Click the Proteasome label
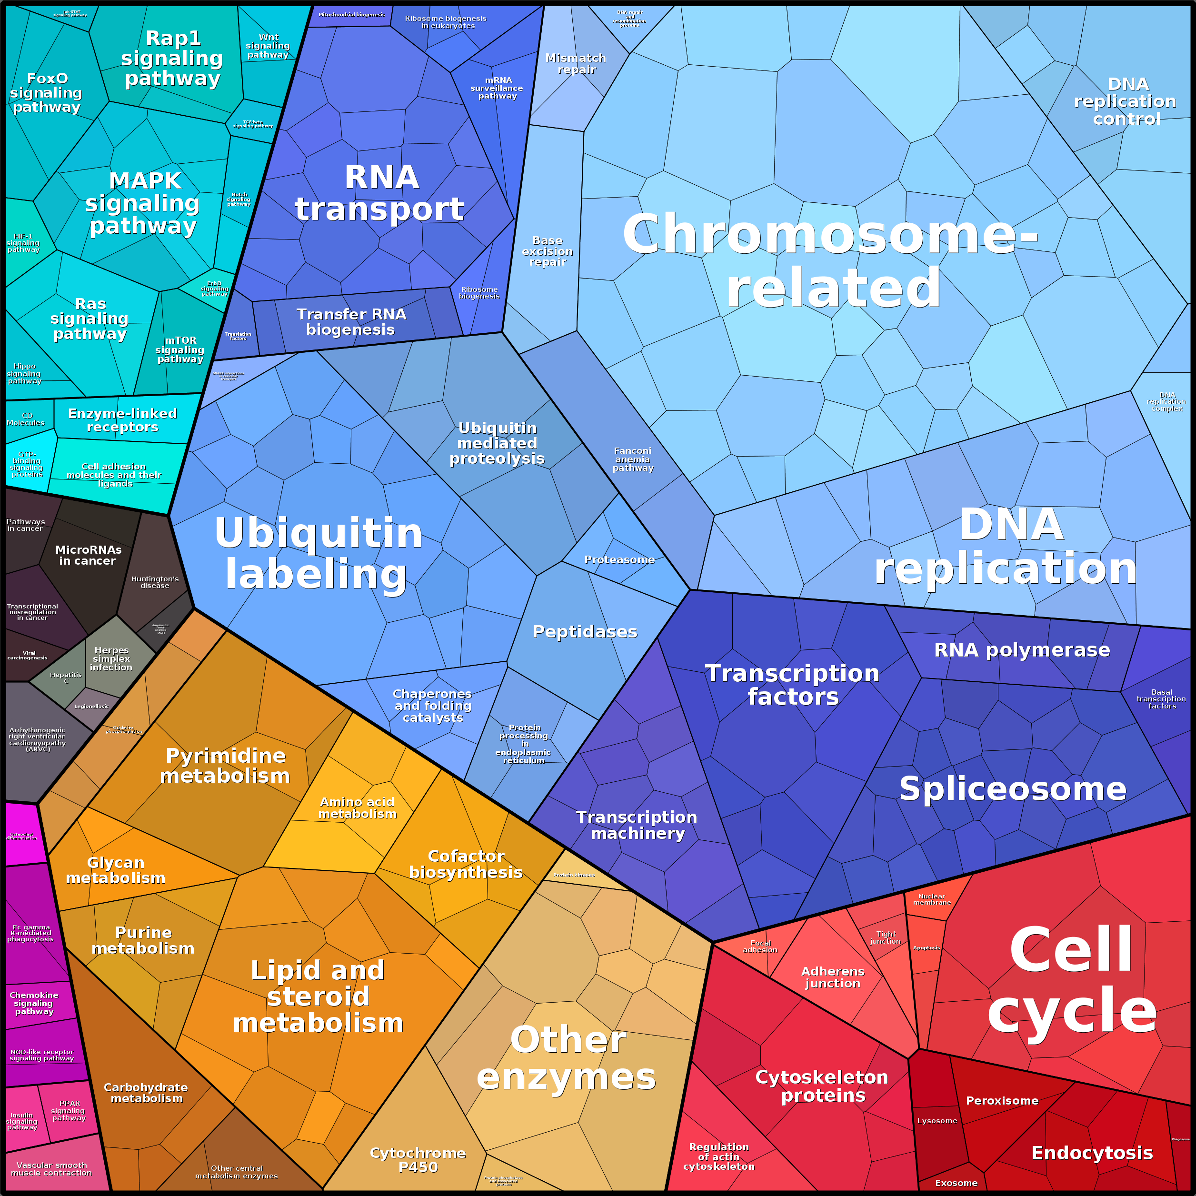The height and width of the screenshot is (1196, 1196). coord(619,559)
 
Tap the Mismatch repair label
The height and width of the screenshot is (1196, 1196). coord(576,64)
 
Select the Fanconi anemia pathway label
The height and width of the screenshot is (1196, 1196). coord(633,459)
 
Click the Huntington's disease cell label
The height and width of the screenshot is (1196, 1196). coord(155,582)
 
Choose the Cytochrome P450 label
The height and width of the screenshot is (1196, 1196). coord(418,1159)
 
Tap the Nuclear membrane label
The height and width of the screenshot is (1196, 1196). coord(932,899)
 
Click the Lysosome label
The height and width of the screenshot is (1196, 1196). coord(937,1120)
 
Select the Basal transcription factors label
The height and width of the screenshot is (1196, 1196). coord(1161,699)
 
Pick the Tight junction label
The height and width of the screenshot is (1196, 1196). coord(885,937)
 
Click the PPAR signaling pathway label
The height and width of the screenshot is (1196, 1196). coord(69,1111)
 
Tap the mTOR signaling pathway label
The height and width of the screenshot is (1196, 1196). coord(180,350)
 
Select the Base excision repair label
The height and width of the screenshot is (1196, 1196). coord(547,251)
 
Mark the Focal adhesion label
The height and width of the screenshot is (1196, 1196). coord(760,947)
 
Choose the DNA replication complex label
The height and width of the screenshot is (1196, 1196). coord(1167,402)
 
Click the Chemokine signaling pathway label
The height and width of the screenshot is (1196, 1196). coord(34,1003)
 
